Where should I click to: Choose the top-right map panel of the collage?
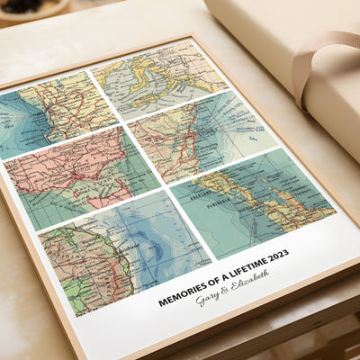[x=162, y=76]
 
